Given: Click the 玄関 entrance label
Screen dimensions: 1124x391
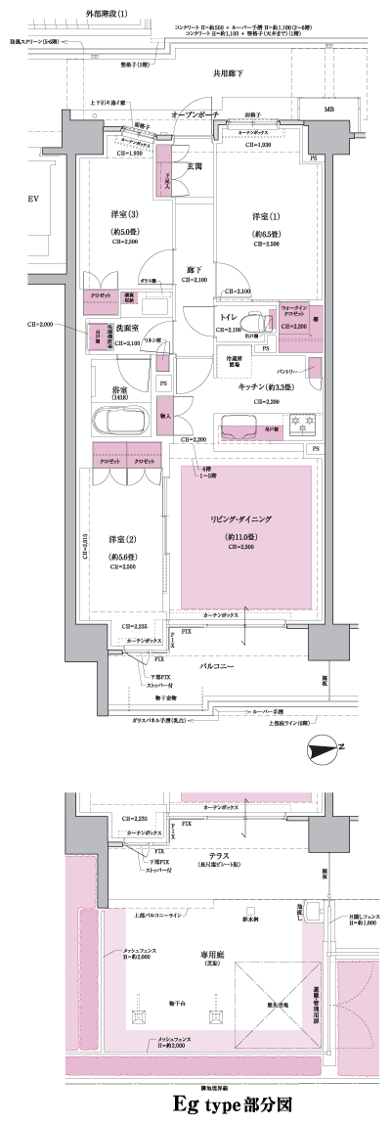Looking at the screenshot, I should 194,167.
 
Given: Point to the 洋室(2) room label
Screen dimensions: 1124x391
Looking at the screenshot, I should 120,538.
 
